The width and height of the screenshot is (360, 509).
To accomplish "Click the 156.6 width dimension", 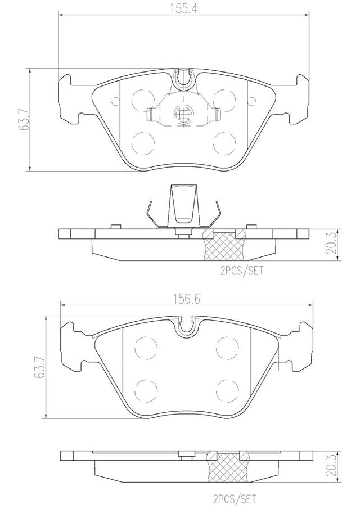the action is pos(186,299).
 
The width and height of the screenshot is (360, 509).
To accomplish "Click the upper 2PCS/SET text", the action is pos(241,271).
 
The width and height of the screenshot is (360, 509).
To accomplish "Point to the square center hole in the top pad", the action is pos(183,114).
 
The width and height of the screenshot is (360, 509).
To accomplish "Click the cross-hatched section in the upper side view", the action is pos(224,246).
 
